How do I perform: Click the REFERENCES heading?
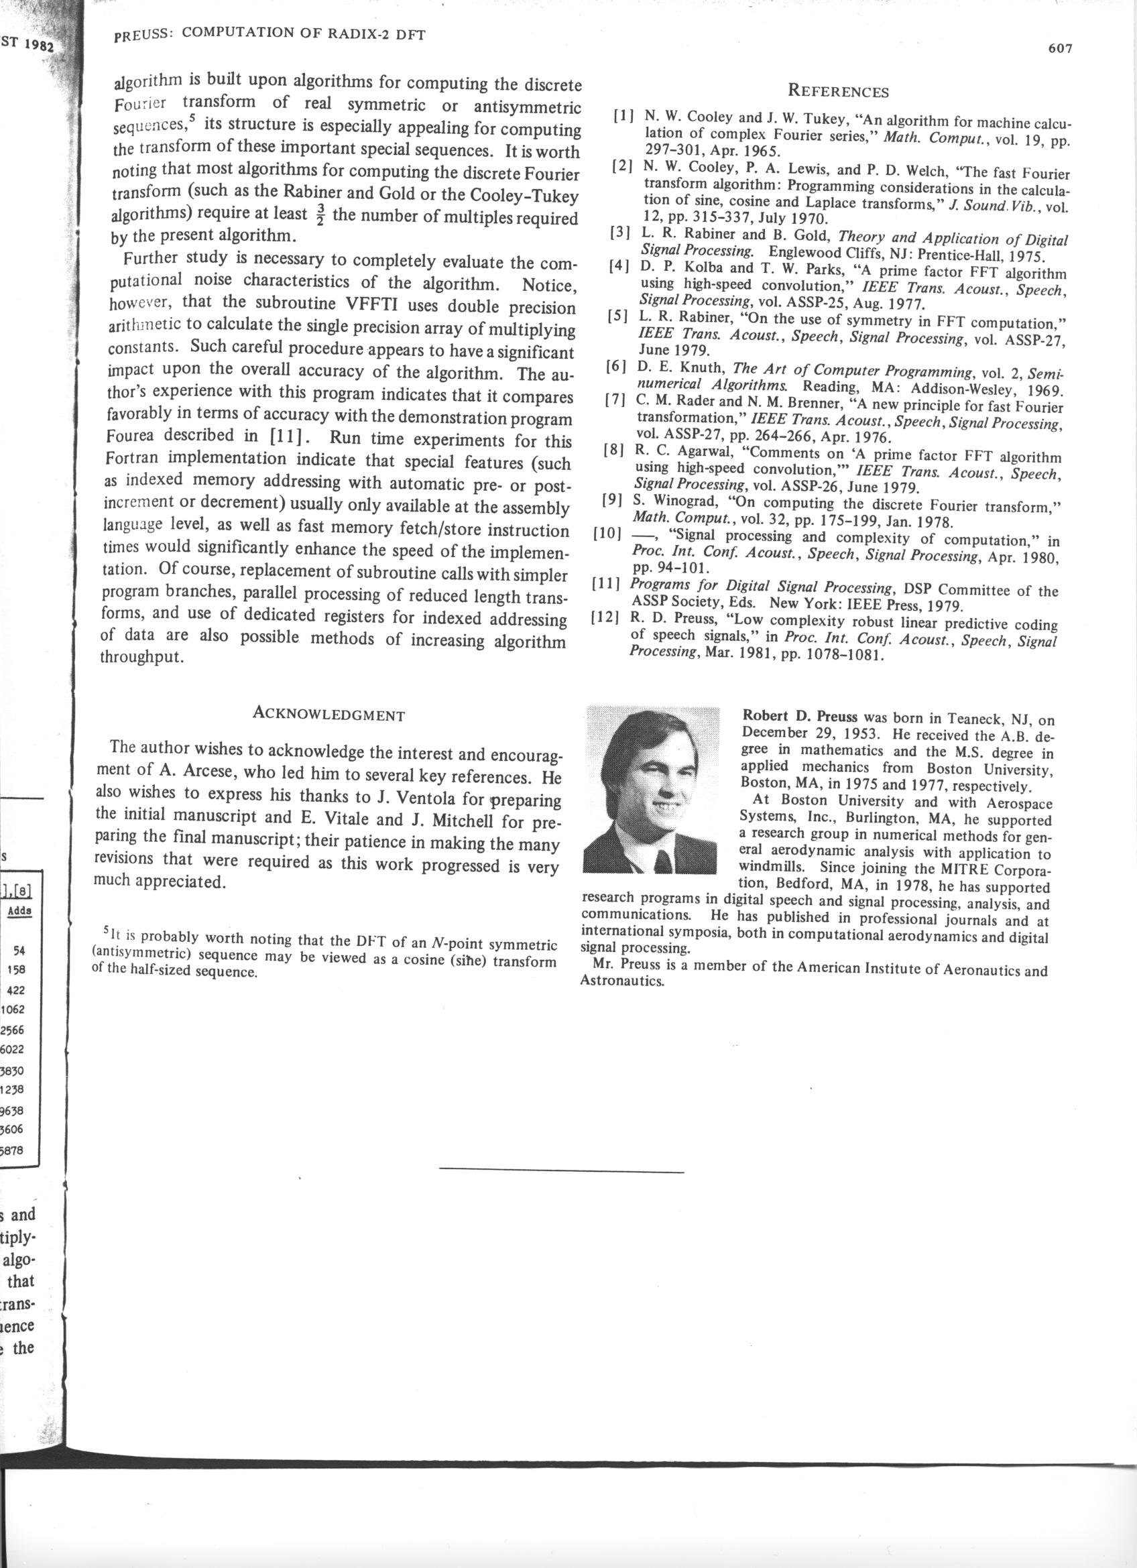pyautogui.click(x=839, y=92)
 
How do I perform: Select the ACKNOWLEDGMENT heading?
pyautogui.click(x=328, y=715)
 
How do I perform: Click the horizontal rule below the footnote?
pyautogui.click(x=561, y=1172)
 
